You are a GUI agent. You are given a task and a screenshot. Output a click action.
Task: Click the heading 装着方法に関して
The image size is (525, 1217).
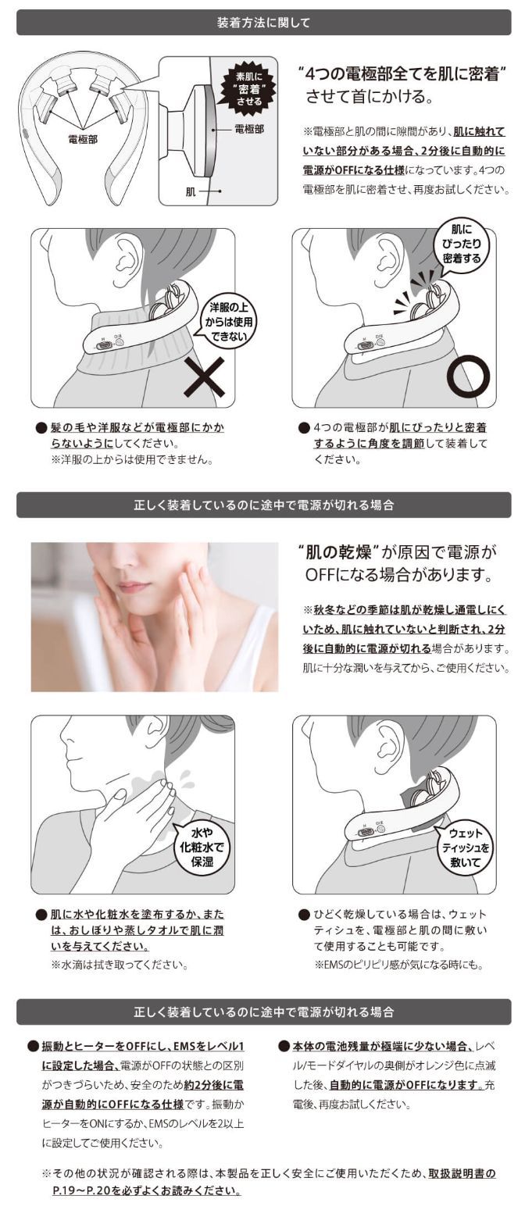tap(262, 23)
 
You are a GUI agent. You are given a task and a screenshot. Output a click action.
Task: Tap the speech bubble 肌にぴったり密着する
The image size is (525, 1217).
tap(461, 244)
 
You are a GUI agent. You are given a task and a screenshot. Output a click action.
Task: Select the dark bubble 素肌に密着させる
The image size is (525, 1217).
tap(249, 87)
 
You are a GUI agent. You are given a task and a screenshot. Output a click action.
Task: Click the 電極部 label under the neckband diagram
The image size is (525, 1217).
tap(83, 139)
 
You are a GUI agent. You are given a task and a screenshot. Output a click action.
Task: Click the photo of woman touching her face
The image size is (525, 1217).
tap(154, 616)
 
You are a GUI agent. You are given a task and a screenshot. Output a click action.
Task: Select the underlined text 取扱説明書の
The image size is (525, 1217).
tap(461, 1173)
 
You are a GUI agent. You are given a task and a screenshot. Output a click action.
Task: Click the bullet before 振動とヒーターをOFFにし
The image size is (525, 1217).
tap(33, 1046)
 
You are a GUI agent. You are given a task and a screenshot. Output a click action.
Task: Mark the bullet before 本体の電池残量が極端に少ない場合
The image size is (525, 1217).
tap(284, 1046)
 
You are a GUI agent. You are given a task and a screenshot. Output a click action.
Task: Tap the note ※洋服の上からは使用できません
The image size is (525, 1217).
tap(132, 459)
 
